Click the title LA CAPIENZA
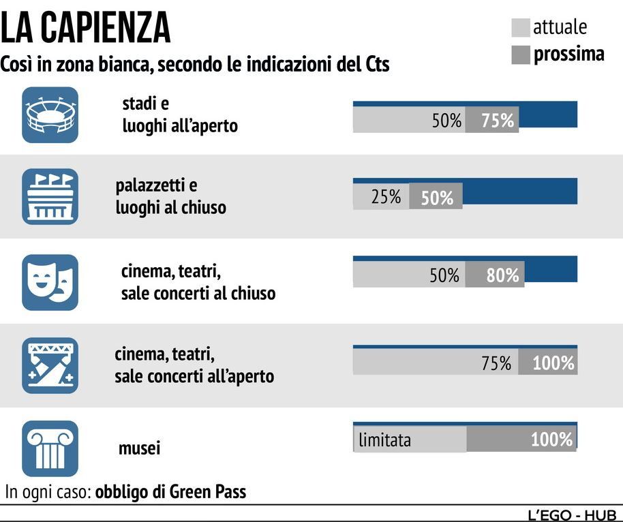pos(86,28)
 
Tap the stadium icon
pos(50,114)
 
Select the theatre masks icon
pos(50,282)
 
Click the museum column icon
pos(50,448)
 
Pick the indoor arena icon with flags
pos(50,196)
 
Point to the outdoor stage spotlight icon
pos(50,365)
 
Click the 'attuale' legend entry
pos(549,27)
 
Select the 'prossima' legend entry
pos(558,54)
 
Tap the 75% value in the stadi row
pos(498,121)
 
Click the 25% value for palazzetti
pos(386,198)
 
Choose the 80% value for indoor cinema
pos(502,275)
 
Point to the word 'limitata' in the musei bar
pos(385,440)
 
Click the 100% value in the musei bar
pos(551,440)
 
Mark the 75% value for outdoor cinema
pos(496,363)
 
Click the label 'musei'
pos(140,448)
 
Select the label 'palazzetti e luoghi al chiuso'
pos(170,196)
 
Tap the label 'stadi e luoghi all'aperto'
pos(180,114)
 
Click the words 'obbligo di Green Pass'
pos(170,491)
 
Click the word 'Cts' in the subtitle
pos(374,65)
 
